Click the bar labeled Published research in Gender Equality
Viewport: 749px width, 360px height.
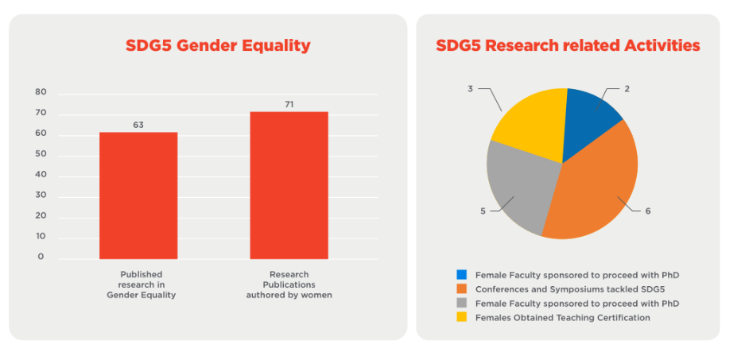point(138,195)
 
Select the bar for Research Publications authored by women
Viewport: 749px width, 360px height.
point(289,184)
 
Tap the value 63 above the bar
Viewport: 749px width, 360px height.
point(138,125)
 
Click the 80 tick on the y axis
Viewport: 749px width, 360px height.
point(41,92)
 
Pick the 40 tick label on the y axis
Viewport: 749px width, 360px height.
point(41,175)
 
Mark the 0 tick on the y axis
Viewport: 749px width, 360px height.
point(41,257)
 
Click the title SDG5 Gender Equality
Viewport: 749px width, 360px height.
point(218,45)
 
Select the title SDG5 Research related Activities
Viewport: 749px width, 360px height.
point(568,45)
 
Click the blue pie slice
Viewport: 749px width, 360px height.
point(590,115)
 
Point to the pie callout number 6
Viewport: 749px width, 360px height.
point(648,211)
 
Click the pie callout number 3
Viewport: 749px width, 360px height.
point(471,89)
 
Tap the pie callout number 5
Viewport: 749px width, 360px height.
point(483,211)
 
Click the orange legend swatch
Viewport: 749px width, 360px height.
point(461,288)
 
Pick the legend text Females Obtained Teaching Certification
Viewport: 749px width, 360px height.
point(562,318)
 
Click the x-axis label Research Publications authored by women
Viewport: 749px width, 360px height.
point(289,285)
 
